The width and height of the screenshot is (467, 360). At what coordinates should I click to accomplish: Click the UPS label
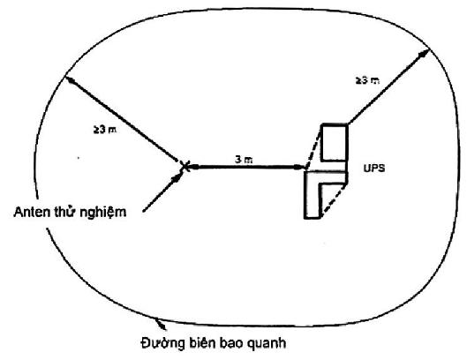pos(374,169)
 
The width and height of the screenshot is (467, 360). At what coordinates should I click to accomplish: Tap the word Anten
pos(32,212)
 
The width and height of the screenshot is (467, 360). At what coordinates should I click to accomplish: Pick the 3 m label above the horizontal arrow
pos(244,160)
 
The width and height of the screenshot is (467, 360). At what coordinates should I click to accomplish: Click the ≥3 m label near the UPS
pos(367,80)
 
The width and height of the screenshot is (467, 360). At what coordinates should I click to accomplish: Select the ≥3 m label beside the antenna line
pos(105,129)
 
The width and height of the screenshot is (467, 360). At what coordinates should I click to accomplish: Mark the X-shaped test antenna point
pos(185,167)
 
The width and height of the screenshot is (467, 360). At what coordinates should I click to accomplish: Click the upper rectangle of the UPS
pos(335,142)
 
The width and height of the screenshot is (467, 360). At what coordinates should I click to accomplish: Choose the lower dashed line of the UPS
pos(334,200)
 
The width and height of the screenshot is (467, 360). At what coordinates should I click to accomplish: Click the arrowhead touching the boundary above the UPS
pos(424,54)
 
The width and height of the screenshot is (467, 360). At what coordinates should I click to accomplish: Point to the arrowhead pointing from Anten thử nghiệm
pos(177,177)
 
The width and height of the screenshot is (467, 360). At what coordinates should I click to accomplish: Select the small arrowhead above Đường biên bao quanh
pos(161,325)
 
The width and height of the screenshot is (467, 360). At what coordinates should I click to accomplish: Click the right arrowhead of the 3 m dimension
pos(299,167)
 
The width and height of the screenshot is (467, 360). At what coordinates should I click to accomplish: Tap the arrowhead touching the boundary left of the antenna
pos(70,79)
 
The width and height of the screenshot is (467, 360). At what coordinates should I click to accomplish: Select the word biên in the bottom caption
pos(202,342)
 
